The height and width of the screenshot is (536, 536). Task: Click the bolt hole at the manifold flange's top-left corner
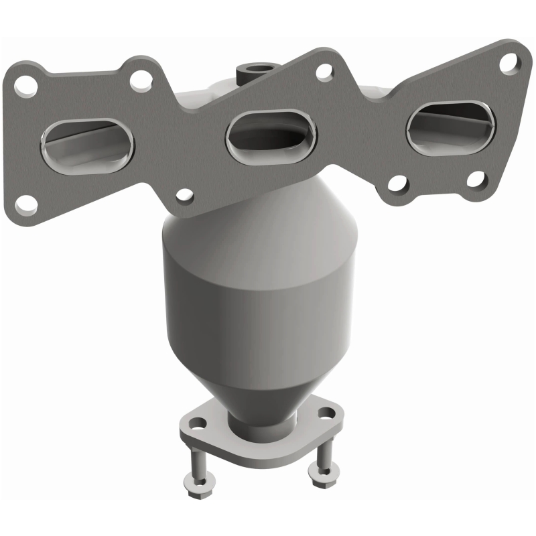(27, 85)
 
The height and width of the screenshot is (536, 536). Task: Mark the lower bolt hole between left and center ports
(183, 196)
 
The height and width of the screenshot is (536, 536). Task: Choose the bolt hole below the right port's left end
(397, 182)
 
